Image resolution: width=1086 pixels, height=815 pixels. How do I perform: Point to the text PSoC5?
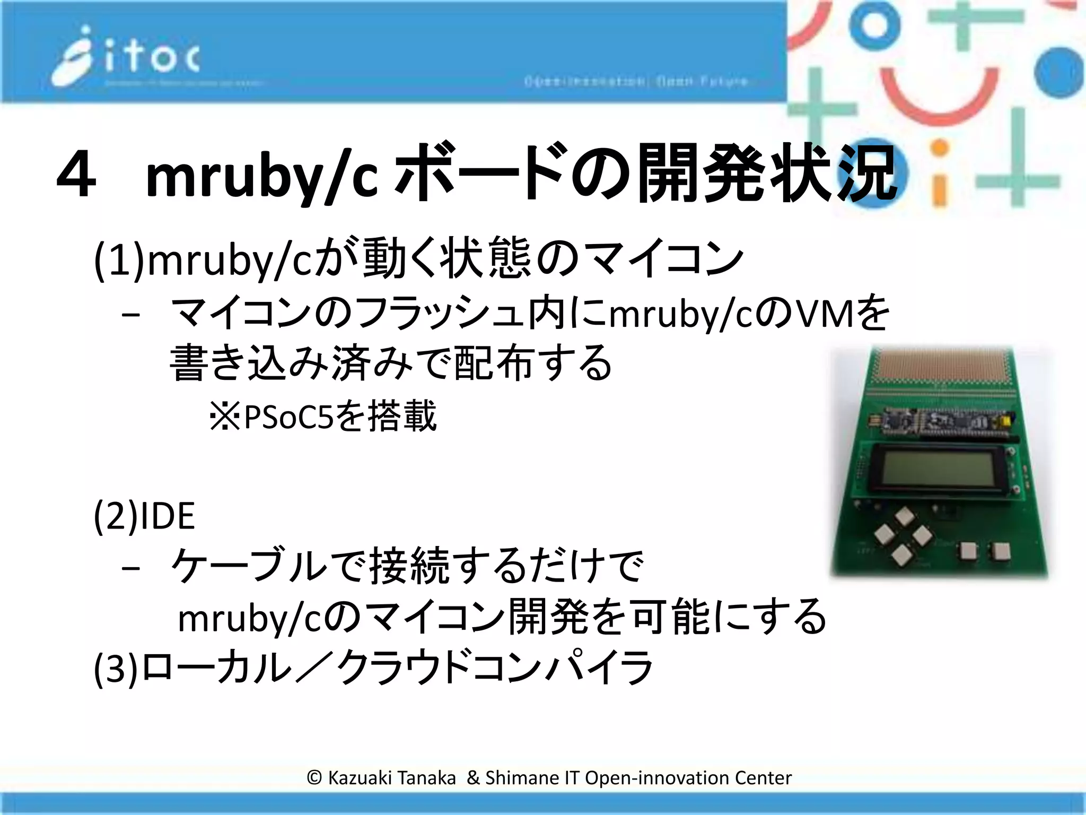coord(288,417)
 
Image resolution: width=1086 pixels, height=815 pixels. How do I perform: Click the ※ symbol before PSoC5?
coord(225,417)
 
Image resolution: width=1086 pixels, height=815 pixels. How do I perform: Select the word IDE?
coord(168,516)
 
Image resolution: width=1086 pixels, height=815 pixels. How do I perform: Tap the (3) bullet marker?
coord(116,669)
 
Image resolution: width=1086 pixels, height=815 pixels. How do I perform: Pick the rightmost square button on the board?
coord(1001,552)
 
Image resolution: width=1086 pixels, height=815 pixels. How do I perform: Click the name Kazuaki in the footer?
coord(361,778)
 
